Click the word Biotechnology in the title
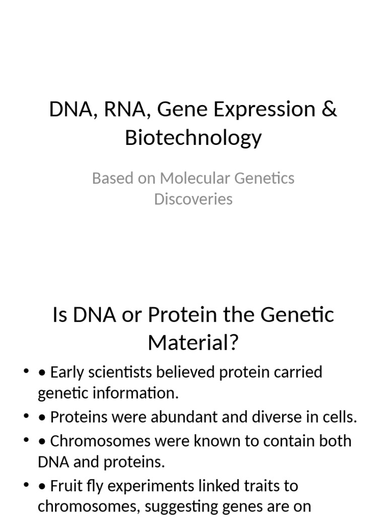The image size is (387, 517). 193,137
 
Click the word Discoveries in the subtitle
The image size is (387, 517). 193,199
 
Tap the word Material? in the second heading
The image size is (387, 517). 193,344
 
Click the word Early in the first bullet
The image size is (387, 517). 68,373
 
